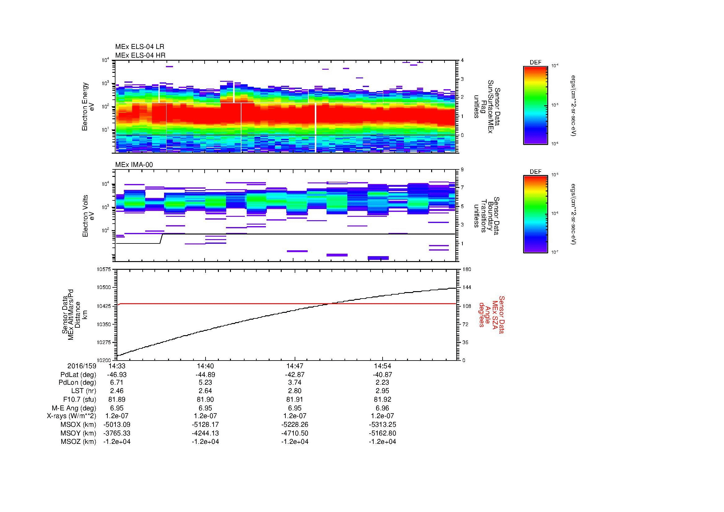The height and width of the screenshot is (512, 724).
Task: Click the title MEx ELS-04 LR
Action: (x=139, y=47)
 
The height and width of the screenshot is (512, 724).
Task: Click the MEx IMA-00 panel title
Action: (x=134, y=165)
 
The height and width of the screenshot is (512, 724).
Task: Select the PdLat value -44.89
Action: (x=205, y=375)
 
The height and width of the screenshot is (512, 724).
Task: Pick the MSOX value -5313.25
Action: (x=382, y=425)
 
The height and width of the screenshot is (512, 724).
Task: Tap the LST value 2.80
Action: (x=294, y=391)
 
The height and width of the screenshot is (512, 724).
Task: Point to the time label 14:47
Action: (x=294, y=366)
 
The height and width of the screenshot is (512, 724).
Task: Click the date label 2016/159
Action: (x=82, y=366)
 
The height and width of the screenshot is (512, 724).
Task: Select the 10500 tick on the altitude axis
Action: (x=105, y=287)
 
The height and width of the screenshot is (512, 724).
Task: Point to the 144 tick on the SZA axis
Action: (x=466, y=287)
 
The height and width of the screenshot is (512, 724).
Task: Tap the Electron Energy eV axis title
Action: (x=88, y=107)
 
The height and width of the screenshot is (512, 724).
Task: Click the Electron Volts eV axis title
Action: (x=88, y=216)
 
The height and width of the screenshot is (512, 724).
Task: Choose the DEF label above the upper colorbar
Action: (x=535, y=63)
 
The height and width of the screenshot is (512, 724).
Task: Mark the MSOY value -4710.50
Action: (x=294, y=433)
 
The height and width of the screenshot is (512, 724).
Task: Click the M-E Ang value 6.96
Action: (x=382, y=408)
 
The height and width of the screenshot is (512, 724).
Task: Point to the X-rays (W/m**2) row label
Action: (x=71, y=416)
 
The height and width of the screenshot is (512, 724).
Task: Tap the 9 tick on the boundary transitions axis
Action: (x=462, y=170)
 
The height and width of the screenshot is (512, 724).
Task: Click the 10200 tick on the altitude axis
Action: (x=105, y=360)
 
